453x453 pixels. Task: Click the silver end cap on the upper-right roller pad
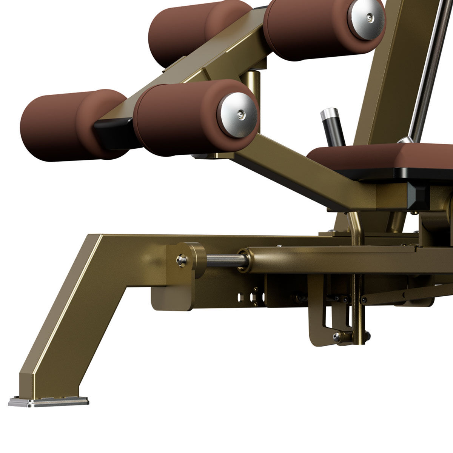(365, 20)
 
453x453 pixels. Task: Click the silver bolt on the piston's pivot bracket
(182, 260)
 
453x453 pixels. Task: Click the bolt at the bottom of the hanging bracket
(337, 337)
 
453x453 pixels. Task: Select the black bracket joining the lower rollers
(113, 130)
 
